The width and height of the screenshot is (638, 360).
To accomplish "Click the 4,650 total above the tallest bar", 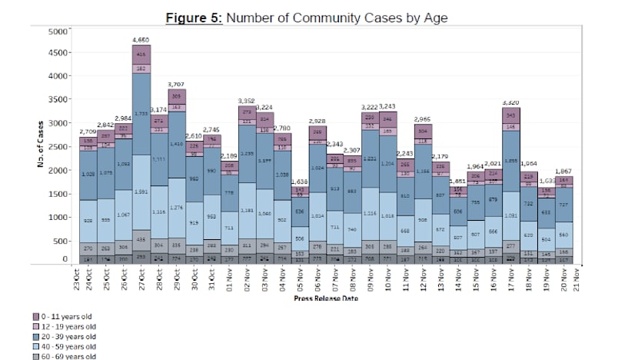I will coord(141,38).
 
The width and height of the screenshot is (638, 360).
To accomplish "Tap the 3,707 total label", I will coord(176,83).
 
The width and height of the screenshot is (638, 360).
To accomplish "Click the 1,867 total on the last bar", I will coord(565,170).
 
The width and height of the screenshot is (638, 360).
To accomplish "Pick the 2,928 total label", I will coord(318,122).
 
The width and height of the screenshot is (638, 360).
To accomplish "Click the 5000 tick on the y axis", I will coord(58,32).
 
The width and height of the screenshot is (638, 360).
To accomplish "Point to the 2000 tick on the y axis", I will coord(58,171).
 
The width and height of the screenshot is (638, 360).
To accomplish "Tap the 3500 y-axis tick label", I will coord(58,101).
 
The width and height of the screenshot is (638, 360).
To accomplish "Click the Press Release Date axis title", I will coord(324,298).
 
